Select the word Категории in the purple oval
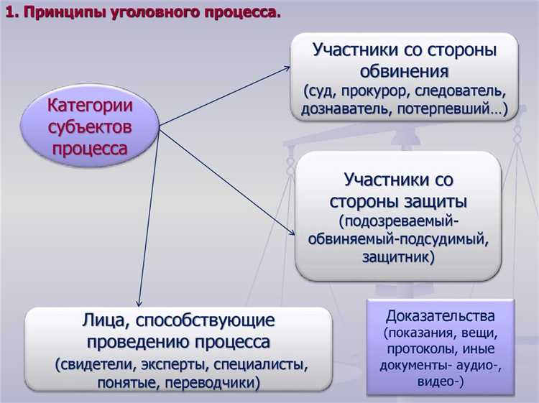(91, 106)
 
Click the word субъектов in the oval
(91, 127)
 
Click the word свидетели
(97, 363)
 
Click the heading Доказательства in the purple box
(440, 315)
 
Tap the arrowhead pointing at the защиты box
(292, 231)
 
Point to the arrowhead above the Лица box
(138, 301)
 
